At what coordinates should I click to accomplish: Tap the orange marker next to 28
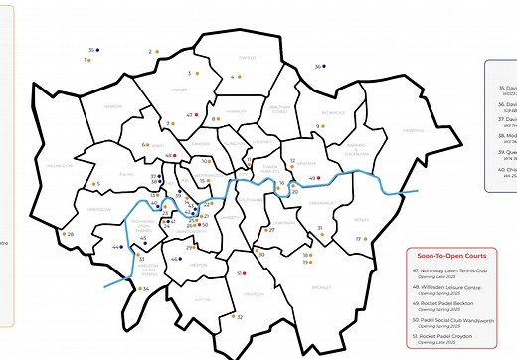pyautogui.click(x=62, y=235)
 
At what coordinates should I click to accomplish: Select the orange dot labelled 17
pyautogui.click(x=368, y=239)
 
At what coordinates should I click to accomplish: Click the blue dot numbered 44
pyautogui.click(x=123, y=247)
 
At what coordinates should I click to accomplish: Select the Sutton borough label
pyautogui.click(x=204, y=297)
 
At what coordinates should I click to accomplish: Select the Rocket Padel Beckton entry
pyautogui.click(x=448, y=303)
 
